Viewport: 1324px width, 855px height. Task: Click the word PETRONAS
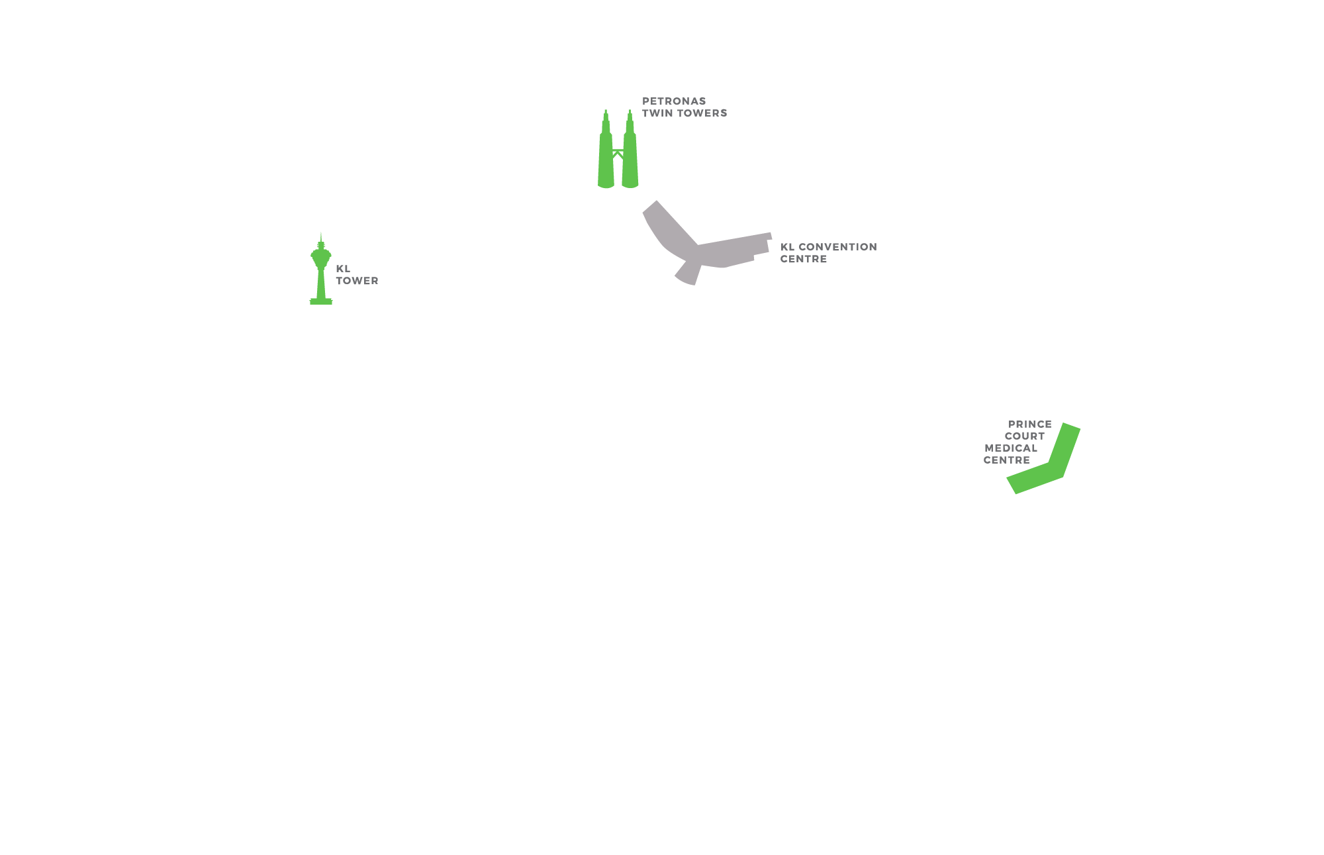pos(673,101)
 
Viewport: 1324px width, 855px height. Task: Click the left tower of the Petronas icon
pos(606,159)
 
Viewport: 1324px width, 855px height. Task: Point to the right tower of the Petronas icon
pos(630,159)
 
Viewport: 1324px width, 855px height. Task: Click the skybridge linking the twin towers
pos(618,153)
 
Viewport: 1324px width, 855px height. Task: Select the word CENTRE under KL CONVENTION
pos(803,259)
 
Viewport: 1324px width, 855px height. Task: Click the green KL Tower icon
pos(321,278)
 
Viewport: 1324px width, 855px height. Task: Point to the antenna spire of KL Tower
pos(321,236)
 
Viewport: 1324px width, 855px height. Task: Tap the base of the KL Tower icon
pos(321,301)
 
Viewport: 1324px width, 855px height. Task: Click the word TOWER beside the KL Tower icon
pos(357,281)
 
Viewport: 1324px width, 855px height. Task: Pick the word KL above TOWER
pos(343,269)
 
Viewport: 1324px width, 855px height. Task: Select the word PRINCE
pos(1029,425)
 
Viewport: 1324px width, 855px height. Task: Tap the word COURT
pos(1024,436)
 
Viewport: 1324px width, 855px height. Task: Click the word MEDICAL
pos(1011,448)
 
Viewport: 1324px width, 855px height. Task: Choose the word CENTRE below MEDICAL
pos(1006,460)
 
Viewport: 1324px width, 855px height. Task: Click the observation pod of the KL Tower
pos(321,254)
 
